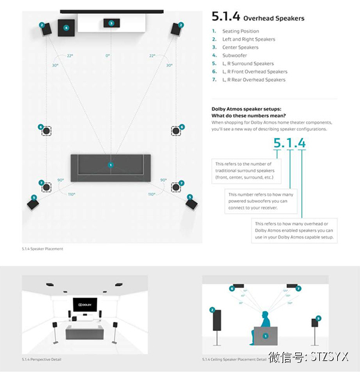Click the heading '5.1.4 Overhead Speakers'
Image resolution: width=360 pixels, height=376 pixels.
[258, 18]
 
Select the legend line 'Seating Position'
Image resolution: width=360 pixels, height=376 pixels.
[240, 31]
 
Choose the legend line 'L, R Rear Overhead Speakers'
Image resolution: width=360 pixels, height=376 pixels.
[253, 80]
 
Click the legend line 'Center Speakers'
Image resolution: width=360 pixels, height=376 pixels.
[240, 47]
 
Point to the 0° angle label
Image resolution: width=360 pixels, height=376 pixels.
[108, 56]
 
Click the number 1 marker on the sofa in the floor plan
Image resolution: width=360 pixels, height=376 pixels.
[110, 164]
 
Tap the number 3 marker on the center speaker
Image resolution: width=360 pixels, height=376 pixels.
[111, 23]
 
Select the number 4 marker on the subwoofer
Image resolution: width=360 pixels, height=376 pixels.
[66, 28]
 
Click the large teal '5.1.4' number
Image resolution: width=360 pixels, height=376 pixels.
[289, 143]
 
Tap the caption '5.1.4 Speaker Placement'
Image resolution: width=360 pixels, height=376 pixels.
[42, 249]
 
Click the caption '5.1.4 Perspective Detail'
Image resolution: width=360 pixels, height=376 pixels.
[41, 359]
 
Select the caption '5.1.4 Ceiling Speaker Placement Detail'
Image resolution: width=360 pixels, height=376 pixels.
[234, 359]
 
